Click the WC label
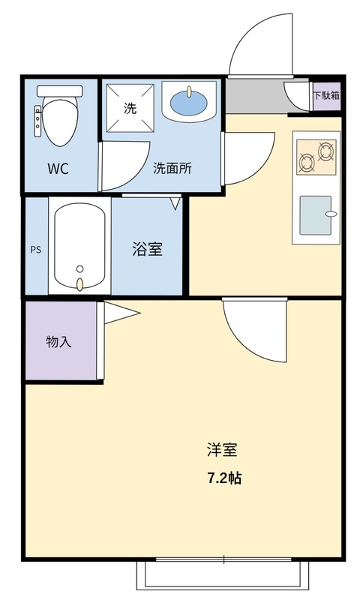click(58, 168)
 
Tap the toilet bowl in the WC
click(61, 121)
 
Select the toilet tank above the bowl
click(60, 91)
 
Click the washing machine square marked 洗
click(130, 108)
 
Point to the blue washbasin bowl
click(189, 103)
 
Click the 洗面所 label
click(172, 168)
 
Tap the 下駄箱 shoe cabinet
click(327, 96)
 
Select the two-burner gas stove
click(316, 157)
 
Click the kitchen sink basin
click(316, 215)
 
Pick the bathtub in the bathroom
click(79, 246)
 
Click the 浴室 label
click(147, 249)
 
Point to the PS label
click(36, 250)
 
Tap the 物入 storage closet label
click(58, 341)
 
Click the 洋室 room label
click(222, 449)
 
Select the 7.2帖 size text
click(224, 478)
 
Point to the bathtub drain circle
click(79, 268)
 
